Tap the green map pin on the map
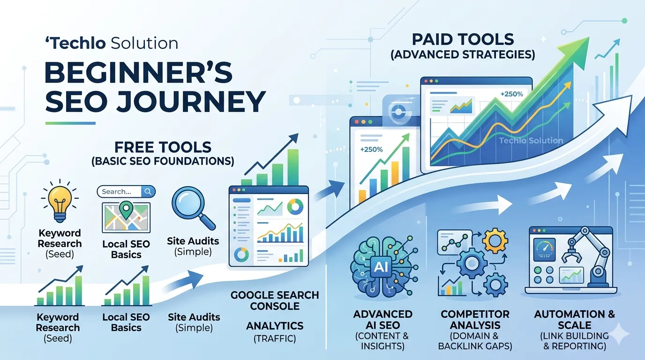(x=126, y=209)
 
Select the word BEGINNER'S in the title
(x=138, y=73)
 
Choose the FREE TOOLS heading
(x=163, y=147)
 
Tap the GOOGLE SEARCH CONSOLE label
(x=274, y=301)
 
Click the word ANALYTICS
(x=275, y=325)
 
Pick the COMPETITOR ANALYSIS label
(x=474, y=319)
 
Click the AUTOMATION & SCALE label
(x=574, y=319)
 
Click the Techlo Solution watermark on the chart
(x=531, y=141)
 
